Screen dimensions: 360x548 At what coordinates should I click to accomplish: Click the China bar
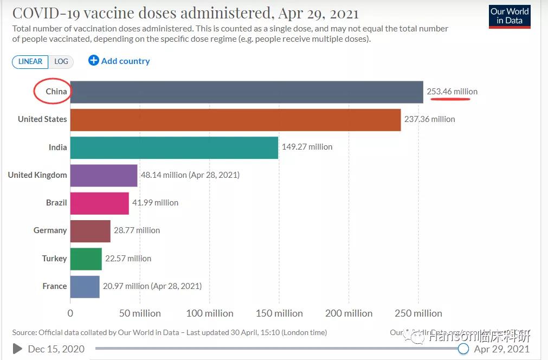(247, 92)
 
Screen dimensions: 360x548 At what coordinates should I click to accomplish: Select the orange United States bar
(235, 120)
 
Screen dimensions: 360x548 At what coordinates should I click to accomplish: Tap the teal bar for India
(174, 147)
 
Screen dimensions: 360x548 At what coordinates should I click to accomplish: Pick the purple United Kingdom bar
(104, 175)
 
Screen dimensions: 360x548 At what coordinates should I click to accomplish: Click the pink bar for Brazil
(100, 203)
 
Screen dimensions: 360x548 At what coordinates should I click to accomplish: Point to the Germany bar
(90, 230)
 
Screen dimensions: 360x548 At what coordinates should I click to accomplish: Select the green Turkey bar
(86, 259)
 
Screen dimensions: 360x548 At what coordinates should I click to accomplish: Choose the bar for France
(85, 286)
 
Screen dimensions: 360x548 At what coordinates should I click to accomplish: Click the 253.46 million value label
(452, 92)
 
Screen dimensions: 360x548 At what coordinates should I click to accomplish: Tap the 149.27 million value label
(307, 147)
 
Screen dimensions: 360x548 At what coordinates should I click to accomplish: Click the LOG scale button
(61, 61)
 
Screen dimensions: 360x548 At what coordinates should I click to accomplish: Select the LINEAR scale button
(30, 61)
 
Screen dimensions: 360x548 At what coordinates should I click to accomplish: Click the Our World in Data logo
(510, 16)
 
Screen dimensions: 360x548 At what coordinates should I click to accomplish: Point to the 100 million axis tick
(210, 313)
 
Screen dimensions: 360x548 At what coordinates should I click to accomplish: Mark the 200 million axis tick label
(349, 313)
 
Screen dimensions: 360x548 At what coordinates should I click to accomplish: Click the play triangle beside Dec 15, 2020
(17, 349)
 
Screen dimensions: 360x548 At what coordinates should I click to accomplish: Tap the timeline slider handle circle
(463, 349)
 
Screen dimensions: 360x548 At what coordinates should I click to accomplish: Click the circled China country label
(56, 92)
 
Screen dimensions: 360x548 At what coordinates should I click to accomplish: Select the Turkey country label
(54, 259)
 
